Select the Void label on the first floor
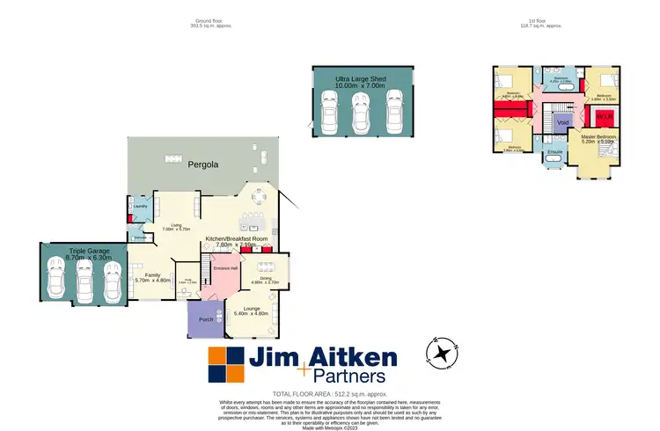tap(564, 123)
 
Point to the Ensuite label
tap(554, 152)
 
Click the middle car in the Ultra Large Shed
tap(360, 112)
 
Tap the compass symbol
tap(441, 354)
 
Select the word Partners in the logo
tap(332, 379)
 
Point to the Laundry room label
tap(140, 207)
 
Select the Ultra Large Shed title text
tap(361, 79)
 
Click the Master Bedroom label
tap(598, 137)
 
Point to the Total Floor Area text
tap(329, 394)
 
